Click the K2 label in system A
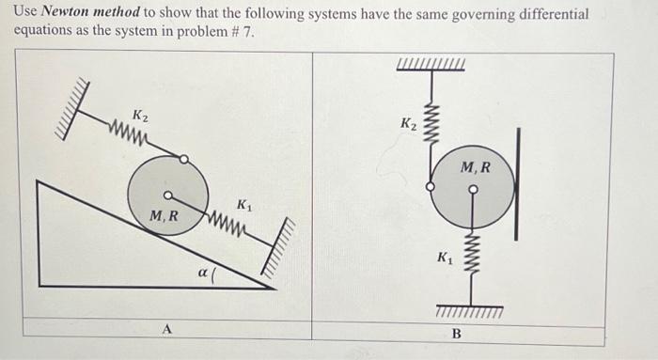coord(139,116)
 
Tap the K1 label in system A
coord(243,205)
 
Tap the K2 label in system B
coord(408,124)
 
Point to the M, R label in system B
coord(476,168)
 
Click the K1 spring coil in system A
coord(226,224)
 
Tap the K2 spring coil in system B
coord(433,117)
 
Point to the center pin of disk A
coord(167,196)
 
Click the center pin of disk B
coord(473,188)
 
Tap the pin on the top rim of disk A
coord(184,159)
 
